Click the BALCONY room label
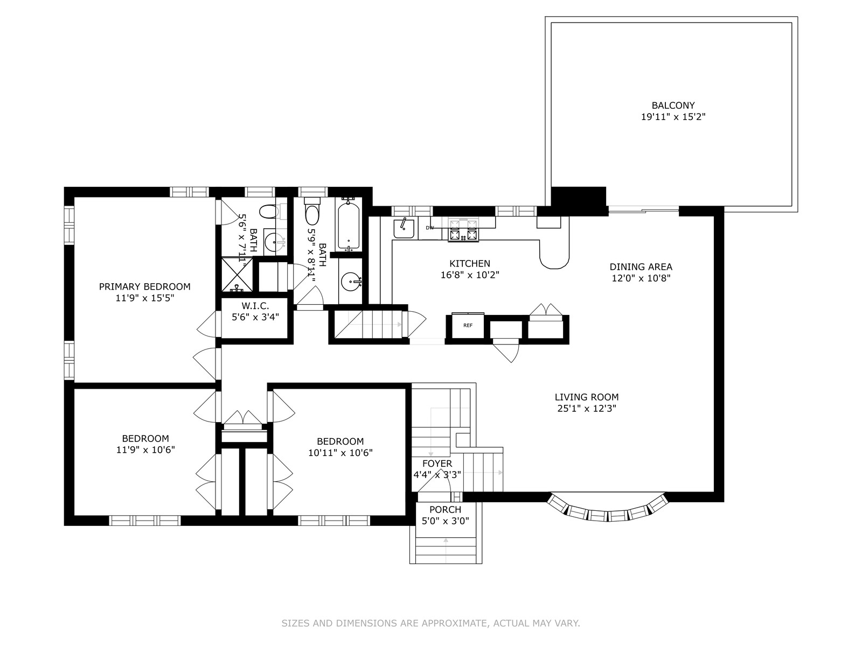pyautogui.click(x=673, y=105)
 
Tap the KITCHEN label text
pyautogui.click(x=470, y=263)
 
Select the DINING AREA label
pyautogui.click(x=641, y=266)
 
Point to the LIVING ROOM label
pyautogui.click(x=586, y=397)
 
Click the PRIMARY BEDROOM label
pyautogui.click(x=144, y=286)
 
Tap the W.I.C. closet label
pyautogui.click(x=255, y=305)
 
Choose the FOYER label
pyautogui.click(x=437, y=463)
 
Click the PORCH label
pyautogui.click(x=445, y=509)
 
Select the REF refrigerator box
pyautogui.click(x=468, y=325)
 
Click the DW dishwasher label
pyautogui.click(x=429, y=228)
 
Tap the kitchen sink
pyautogui.click(x=404, y=229)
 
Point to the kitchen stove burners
pyautogui.click(x=464, y=230)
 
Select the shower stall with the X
pyautogui.click(x=237, y=274)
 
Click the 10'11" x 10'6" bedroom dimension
pyautogui.click(x=340, y=453)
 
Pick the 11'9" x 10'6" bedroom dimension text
pyautogui.click(x=145, y=450)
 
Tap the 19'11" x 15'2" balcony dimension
pyautogui.click(x=673, y=116)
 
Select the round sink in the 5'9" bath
pyautogui.click(x=351, y=282)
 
